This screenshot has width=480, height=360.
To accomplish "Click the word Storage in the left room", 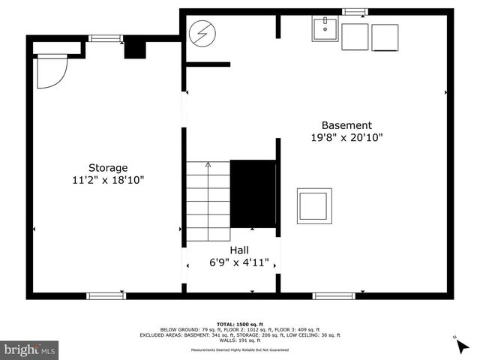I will pyautogui.click(x=108, y=168).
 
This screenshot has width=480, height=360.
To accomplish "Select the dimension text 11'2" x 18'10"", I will pyautogui.click(x=108, y=180).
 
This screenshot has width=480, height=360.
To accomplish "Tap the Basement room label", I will pyautogui.click(x=346, y=125).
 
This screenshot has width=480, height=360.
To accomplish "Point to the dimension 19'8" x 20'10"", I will pyautogui.click(x=346, y=138).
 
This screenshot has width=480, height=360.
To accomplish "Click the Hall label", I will pyautogui.click(x=239, y=250).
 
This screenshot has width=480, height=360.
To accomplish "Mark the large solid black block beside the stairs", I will pyautogui.click(x=253, y=193).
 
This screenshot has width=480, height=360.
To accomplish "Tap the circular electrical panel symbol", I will pyautogui.click(x=201, y=34).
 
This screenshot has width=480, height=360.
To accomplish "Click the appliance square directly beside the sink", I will pyautogui.click(x=355, y=37).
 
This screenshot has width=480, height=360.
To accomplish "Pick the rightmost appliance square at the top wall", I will pyautogui.click(x=385, y=37).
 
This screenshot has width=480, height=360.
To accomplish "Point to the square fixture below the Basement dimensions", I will pyautogui.click(x=313, y=205).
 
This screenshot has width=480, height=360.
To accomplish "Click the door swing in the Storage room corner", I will pyautogui.click(x=52, y=70).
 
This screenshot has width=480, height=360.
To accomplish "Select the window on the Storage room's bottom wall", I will pyautogui.click(x=106, y=295).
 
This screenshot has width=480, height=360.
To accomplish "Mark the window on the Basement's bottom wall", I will pyautogui.click(x=334, y=295).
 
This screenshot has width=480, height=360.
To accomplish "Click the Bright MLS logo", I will pyautogui.click(x=30, y=349).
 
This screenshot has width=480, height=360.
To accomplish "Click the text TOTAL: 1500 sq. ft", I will pyautogui.click(x=239, y=322).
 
